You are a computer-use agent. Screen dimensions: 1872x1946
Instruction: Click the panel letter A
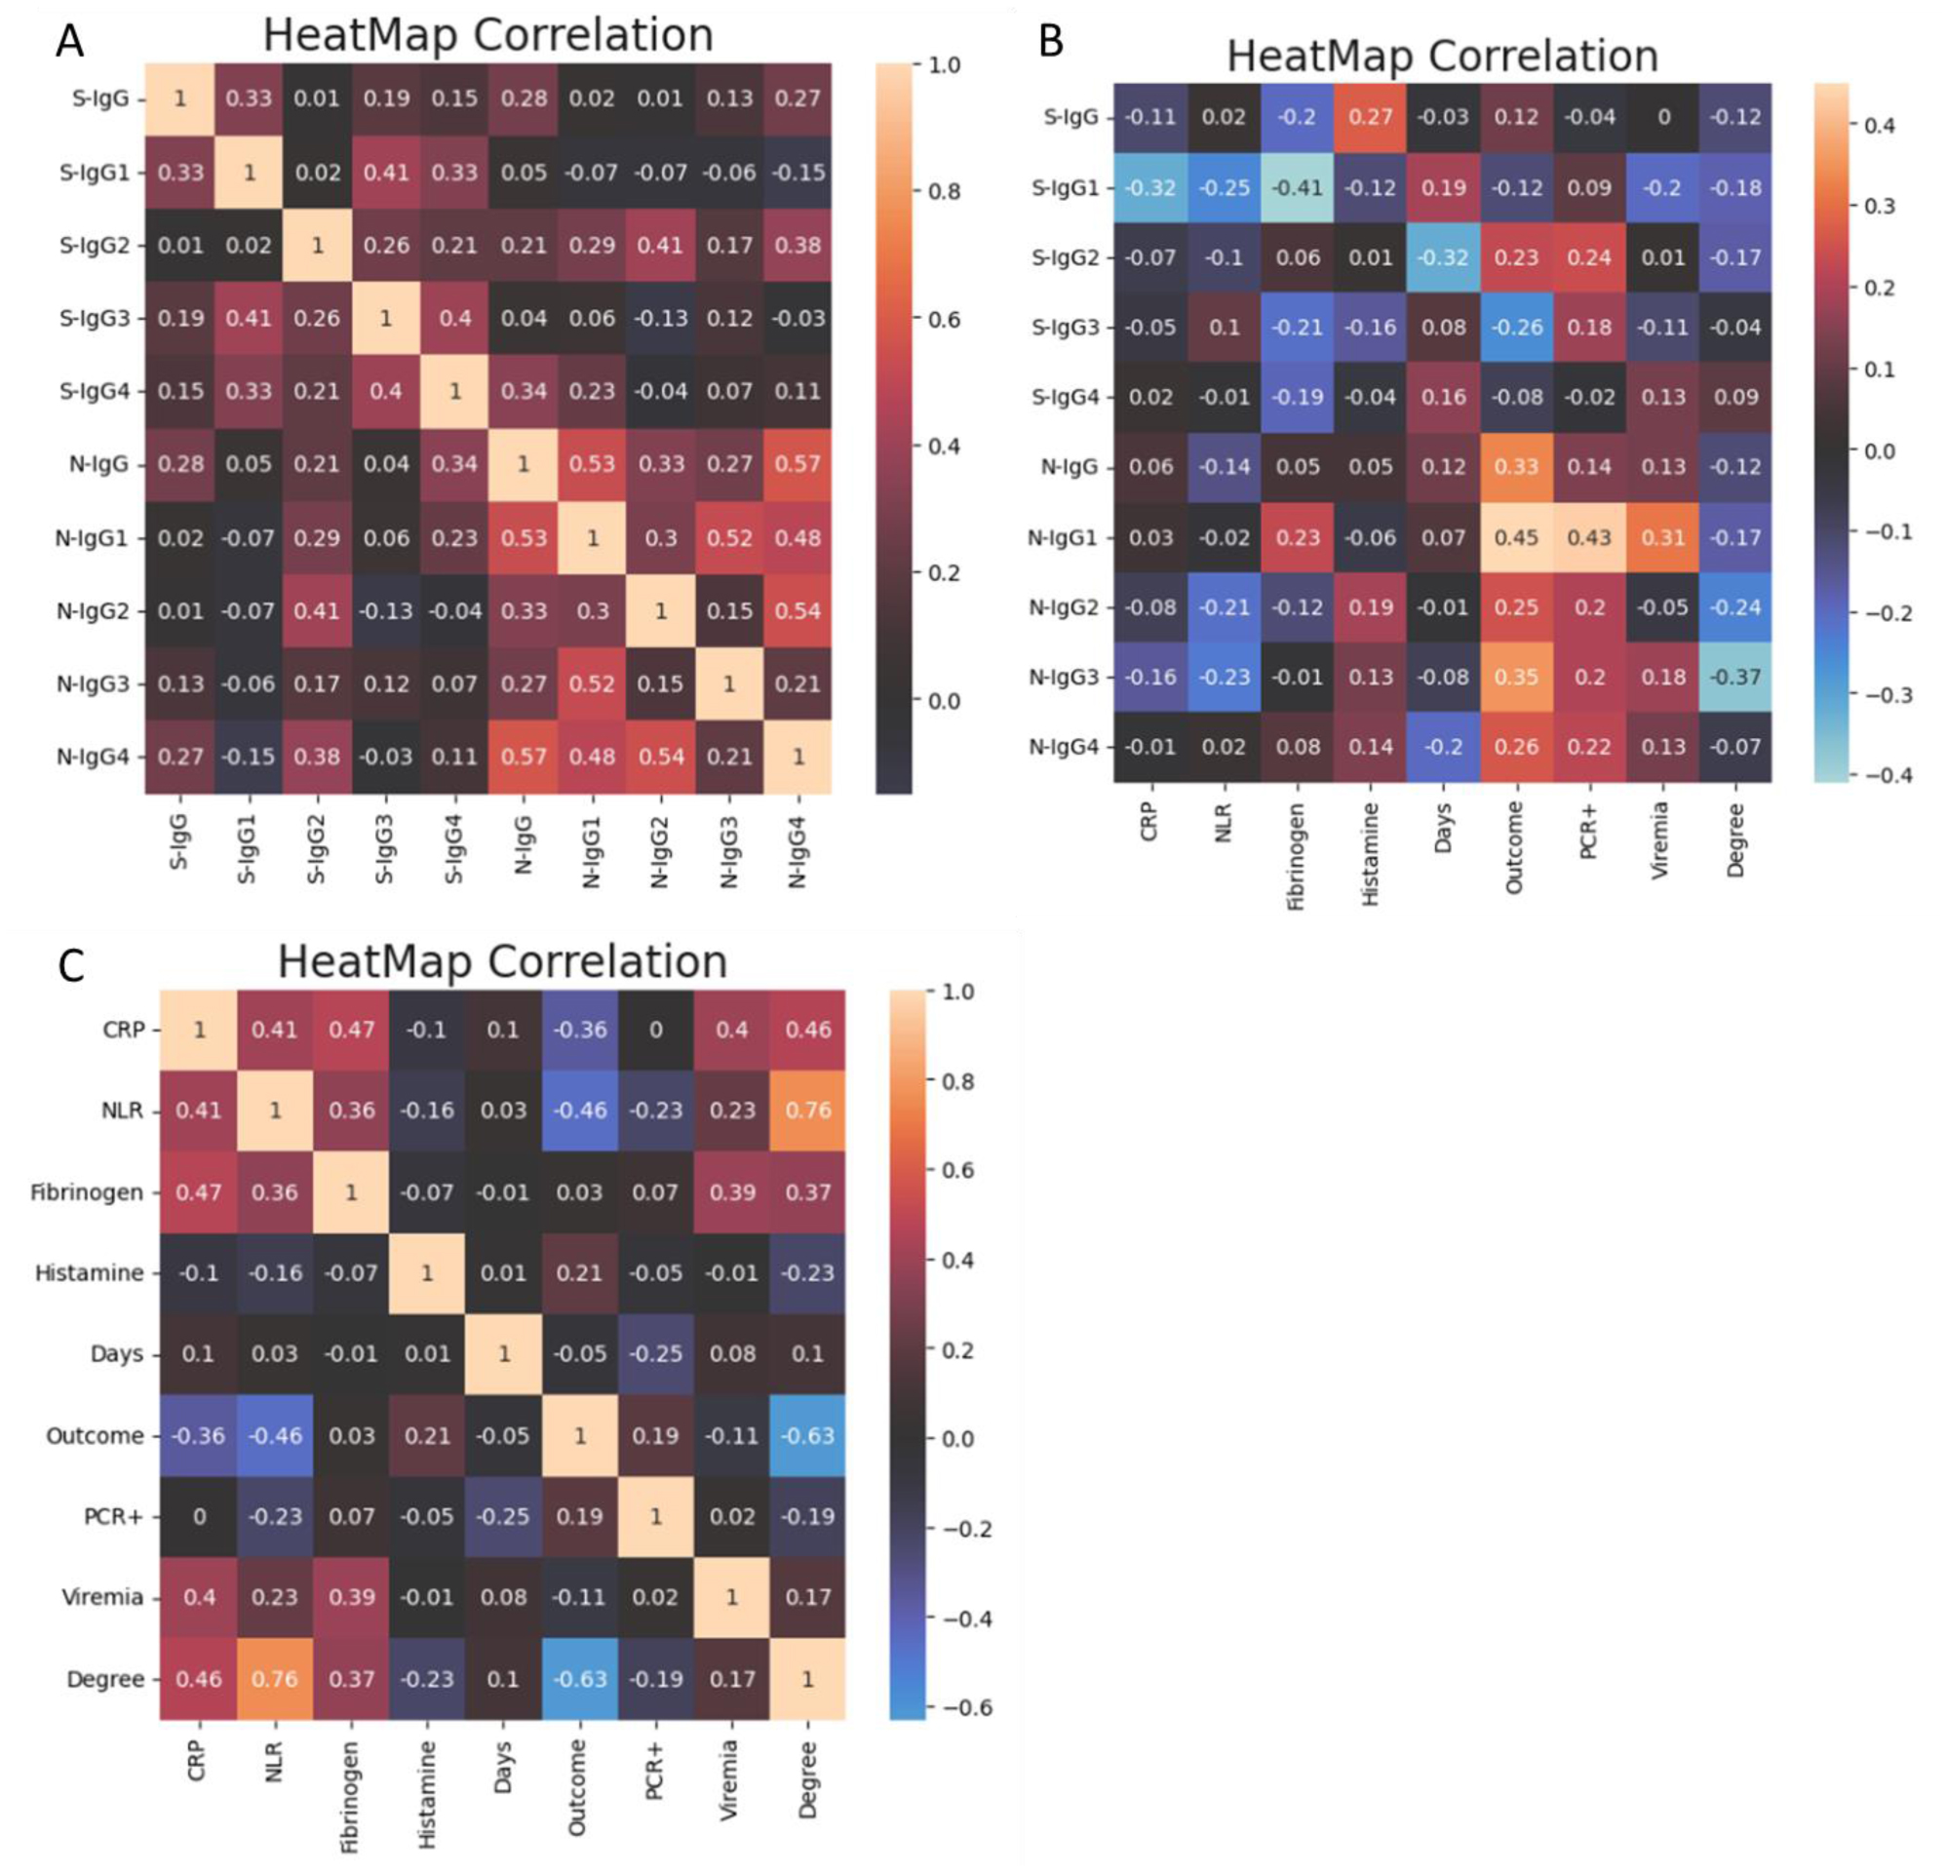pos(69,42)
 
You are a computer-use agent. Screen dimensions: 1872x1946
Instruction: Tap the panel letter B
pos(1049,42)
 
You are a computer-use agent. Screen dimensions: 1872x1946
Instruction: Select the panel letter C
pos(71,966)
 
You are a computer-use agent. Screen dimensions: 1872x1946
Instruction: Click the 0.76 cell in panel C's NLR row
pos(807,1111)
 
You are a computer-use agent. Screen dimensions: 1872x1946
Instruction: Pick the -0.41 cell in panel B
pos(1298,188)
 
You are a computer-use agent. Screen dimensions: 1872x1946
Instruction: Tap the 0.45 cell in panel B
pos(1516,537)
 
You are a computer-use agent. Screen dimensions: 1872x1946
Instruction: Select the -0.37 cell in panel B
pos(1735,678)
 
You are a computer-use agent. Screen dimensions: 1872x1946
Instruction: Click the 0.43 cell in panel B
pos(1589,537)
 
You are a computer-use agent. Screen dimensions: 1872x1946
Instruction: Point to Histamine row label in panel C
pos(90,1273)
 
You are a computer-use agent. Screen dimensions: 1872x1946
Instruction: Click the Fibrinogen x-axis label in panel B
pos(1296,857)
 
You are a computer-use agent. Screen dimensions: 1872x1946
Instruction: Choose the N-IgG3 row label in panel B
pos(1064,678)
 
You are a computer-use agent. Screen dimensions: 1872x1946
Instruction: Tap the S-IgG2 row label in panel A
pos(95,245)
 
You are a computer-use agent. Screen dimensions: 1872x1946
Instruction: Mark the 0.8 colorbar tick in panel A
pos(942,192)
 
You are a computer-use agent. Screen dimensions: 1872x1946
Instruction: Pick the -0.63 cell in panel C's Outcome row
pos(807,1435)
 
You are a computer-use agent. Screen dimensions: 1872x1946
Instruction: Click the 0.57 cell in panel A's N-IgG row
pos(798,464)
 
